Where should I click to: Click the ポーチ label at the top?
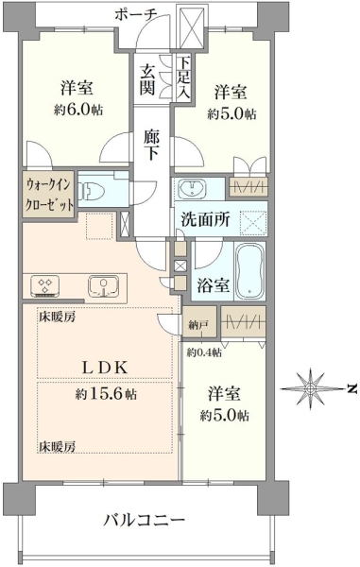click(x=136, y=15)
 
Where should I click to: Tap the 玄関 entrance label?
click(x=147, y=79)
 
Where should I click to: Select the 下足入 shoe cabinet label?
click(x=183, y=78)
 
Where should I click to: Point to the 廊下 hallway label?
click(x=151, y=146)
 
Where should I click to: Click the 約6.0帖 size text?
click(x=78, y=110)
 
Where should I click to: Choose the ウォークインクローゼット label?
click(x=49, y=195)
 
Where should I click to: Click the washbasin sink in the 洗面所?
click(x=192, y=189)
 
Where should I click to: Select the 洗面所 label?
click(x=205, y=219)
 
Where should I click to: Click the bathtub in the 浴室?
click(x=250, y=269)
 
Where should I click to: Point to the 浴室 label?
click(x=214, y=285)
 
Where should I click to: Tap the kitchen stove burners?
click(x=44, y=285)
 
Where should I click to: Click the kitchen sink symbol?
click(x=104, y=286)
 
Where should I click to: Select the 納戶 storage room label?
click(x=198, y=325)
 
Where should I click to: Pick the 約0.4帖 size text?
click(x=205, y=352)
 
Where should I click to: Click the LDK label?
click(x=106, y=369)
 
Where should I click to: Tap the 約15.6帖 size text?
click(x=106, y=393)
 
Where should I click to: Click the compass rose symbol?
click(x=311, y=388)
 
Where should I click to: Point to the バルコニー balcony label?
click(x=145, y=521)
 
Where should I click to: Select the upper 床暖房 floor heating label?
click(x=58, y=318)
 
